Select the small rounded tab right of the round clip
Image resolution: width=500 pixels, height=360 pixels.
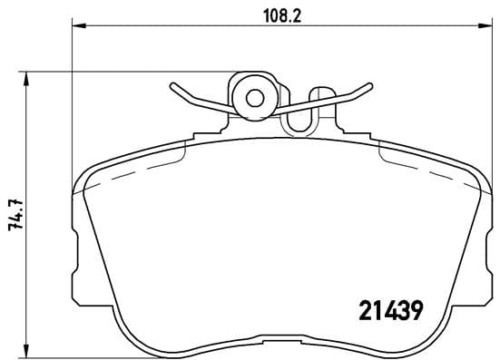[x=321, y=95]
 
